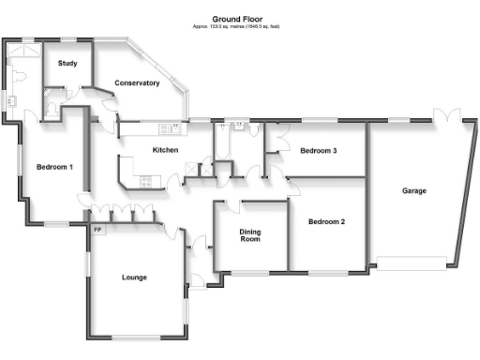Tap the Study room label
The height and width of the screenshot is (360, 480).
point(67,63)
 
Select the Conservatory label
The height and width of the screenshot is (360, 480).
point(137,83)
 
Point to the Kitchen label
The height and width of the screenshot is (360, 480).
point(165,150)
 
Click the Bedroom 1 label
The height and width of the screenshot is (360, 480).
point(54,167)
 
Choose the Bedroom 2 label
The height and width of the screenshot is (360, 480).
point(328,221)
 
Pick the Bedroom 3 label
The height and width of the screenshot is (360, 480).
point(318,150)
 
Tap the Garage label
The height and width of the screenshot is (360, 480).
point(414,190)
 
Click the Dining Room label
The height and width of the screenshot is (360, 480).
point(249,235)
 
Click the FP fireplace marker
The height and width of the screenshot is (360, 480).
point(97,229)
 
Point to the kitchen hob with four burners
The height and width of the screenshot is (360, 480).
point(146,182)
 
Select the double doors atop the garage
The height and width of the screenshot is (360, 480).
point(448,117)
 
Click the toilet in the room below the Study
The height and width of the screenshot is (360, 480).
point(52,111)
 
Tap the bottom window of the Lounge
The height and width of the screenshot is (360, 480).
point(137,337)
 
